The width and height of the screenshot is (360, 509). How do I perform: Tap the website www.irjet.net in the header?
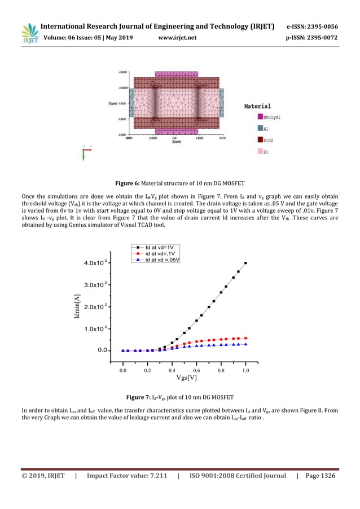point(178,38)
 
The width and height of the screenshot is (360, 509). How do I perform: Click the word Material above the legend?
point(257,106)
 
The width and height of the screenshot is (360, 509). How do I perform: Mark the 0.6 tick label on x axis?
point(197,370)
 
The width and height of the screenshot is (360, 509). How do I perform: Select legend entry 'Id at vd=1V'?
point(158,247)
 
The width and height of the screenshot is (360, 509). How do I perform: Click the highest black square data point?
point(246,263)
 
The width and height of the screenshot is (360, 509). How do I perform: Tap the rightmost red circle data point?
point(246,338)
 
